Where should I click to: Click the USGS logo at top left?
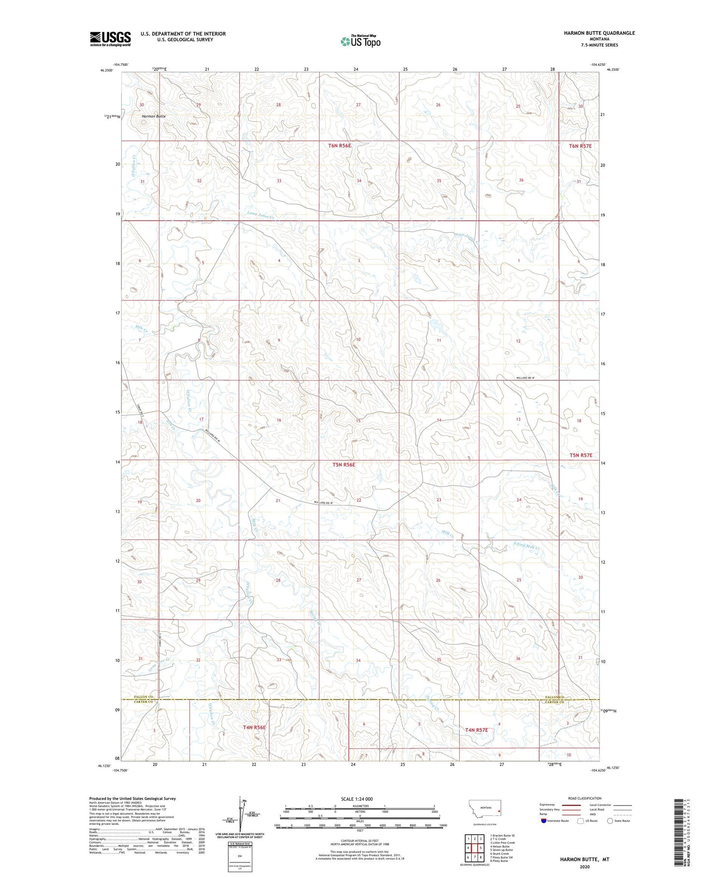pos(110,39)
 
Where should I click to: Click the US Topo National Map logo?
pos(360,41)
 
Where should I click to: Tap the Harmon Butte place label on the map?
pos(154,117)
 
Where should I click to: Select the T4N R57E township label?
pos(477,729)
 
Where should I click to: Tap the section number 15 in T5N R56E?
pos(358,421)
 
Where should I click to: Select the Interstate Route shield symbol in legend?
pos(544,820)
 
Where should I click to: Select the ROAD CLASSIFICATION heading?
pos(585,799)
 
